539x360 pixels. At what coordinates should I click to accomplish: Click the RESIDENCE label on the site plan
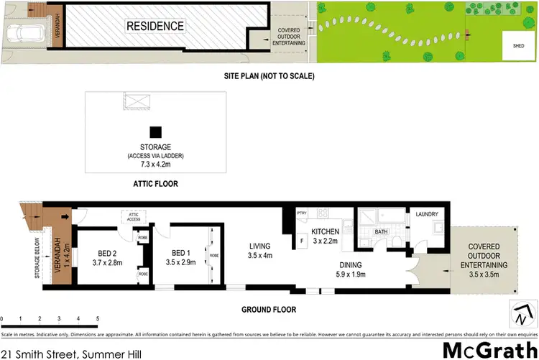[155, 27]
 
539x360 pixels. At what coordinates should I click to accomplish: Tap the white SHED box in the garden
[517, 45]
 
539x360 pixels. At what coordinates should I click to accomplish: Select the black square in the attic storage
[155, 131]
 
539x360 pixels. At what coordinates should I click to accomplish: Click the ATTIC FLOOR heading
[155, 184]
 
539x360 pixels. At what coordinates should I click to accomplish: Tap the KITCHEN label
[325, 231]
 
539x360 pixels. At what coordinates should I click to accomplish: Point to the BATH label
[382, 231]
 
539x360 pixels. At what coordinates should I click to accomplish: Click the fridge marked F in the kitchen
[302, 241]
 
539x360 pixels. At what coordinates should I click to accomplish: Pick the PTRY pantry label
[303, 213]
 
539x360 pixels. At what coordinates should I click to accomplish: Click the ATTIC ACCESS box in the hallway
[132, 216]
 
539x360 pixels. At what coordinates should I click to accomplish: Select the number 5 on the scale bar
[97, 318]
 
